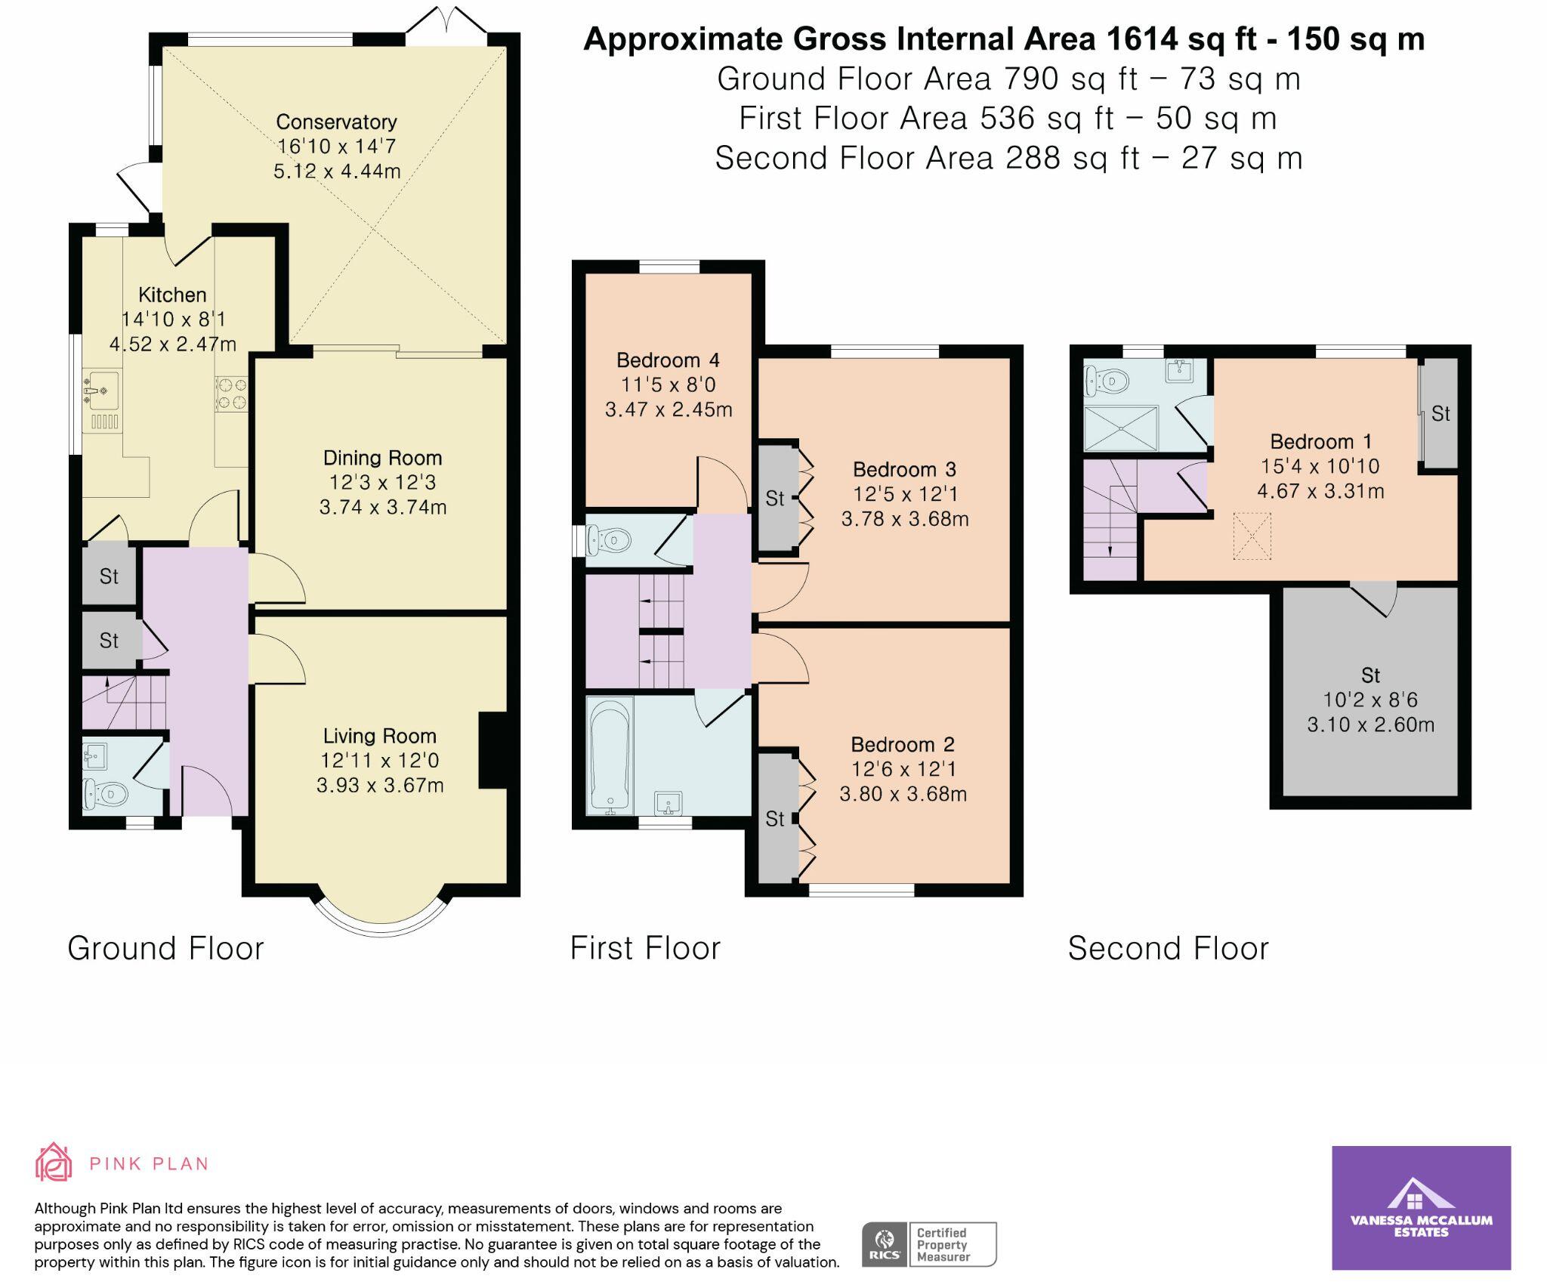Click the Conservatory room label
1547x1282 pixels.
(336, 122)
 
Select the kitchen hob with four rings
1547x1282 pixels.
(232, 394)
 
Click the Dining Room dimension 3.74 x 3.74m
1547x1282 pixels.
(383, 507)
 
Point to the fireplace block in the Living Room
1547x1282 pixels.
(493, 750)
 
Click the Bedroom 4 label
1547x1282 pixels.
(668, 360)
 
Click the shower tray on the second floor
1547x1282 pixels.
(1120, 428)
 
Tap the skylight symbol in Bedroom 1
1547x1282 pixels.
(1252, 536)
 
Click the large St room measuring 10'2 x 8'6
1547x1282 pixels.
(1370, 699)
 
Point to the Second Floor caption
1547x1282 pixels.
(1168, 948)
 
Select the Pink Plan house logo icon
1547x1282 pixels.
(54, 1162)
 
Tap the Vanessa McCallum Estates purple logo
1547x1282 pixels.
(1421, 1206)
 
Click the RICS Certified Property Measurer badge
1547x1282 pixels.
(928, 1243)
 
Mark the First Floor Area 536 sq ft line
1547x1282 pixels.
(1008, 119)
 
